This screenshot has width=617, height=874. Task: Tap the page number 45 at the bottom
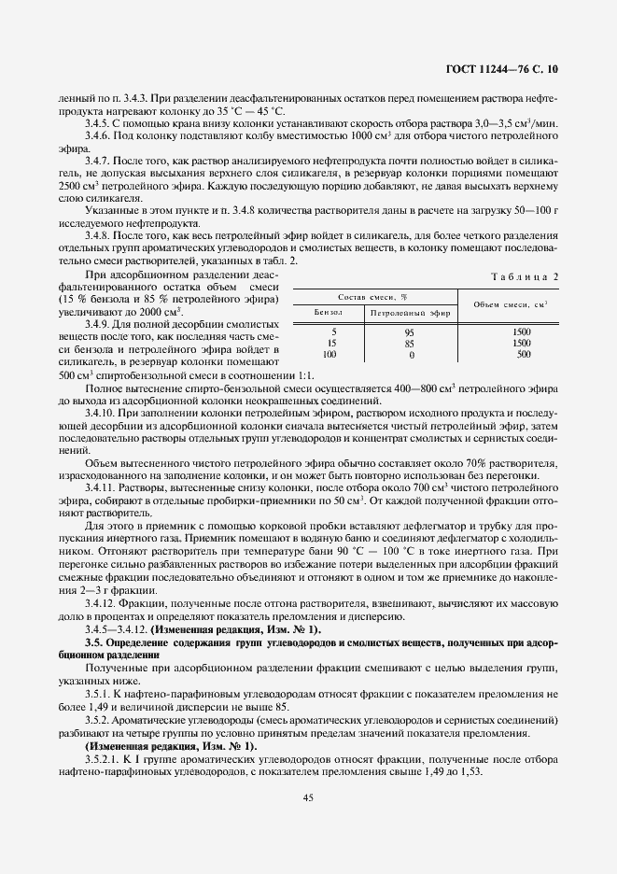(307, 796)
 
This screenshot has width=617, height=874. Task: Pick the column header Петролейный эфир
(410, 314)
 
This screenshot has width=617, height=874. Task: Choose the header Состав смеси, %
(372, 295)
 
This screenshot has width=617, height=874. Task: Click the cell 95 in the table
(409, 332)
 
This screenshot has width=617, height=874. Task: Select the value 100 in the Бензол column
(329, 355)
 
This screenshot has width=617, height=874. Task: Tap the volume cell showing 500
(523, 355)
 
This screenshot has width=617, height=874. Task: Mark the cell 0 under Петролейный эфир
(410, 355)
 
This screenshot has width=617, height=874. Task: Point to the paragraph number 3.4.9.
(99, 323)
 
